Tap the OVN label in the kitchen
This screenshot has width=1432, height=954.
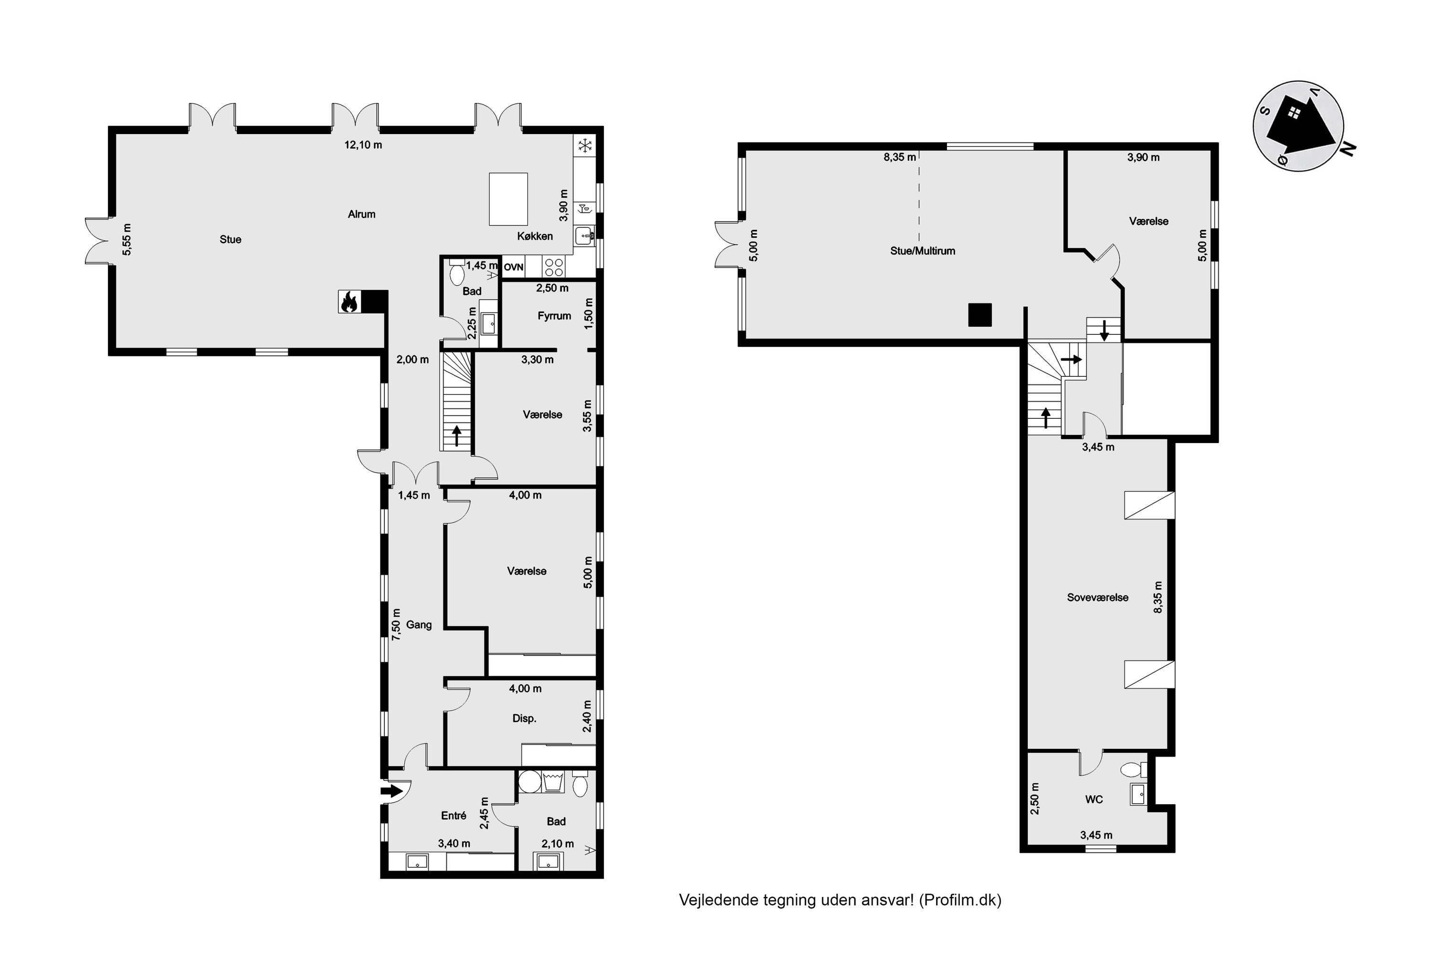tap(513, 267)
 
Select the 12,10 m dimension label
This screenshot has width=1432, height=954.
tap(363, 145)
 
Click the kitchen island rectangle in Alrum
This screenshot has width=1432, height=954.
tap(508, 199)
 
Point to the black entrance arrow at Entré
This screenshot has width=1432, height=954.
tap(391, 791)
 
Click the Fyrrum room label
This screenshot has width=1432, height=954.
tap(554, 316)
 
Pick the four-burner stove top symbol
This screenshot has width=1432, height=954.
tap(553, 267)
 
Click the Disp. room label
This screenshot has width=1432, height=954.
tap(524, 718)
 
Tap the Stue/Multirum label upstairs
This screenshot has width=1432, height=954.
tap(922, 251)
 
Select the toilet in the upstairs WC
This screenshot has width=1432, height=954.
tap(1132, 770)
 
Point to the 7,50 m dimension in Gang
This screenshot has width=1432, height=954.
tap(396, 624)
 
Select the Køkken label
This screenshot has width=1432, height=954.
tap(535, 236)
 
